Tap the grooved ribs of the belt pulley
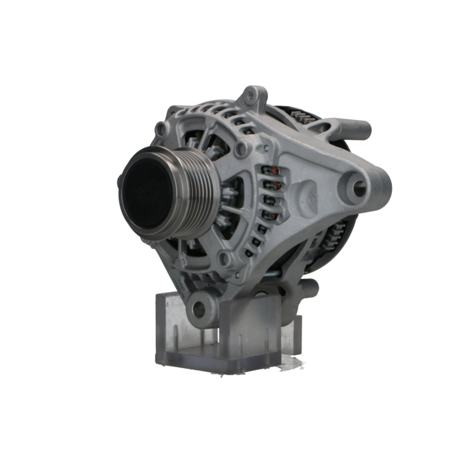(194, 194)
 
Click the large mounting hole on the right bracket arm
(360, 188)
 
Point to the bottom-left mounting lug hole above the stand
(199, 308)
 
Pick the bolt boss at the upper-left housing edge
(161, 128)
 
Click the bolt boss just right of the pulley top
(241, 149)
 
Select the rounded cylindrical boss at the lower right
(308, 288)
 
